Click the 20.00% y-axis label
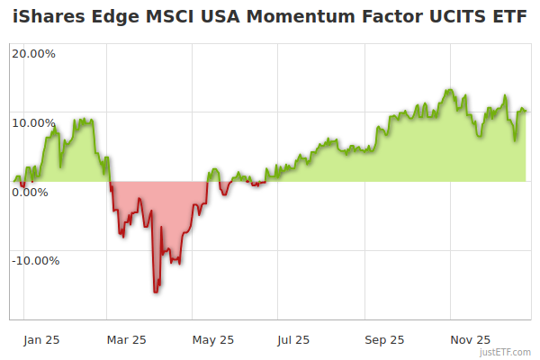pyautogui.click(x=33, y=53)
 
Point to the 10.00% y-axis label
pyautogui.click(x=33, y=122)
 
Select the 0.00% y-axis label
pyautogui.click(x=31, y=192)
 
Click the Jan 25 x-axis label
pyautogui.click(x=41, y=339)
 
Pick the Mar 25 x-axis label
pyautogui.click(x=126, y=339)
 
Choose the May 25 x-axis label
pyautogui.click(x=213, y=339)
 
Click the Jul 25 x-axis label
pyautogui.click(x=293, y=339)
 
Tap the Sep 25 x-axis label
pyautogui.click(x=383, y=339)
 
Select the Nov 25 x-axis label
pyautogui.click(x=470, y=339)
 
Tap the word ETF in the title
pyautogui.click(x=507, y=18)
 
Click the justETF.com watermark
pyautogui.click(x=506, y=352)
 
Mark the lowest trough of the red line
pyautogui.click(x=156, y=292)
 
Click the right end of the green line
pyautogui.click(x=526, y=111)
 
